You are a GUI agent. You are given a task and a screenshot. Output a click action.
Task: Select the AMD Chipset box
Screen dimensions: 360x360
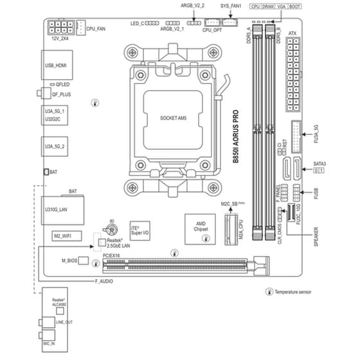click(196, 226)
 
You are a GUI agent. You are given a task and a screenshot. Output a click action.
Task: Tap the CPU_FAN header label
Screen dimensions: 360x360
click(96, 30)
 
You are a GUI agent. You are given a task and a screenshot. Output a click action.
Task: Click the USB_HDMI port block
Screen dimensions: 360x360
click(55, 66)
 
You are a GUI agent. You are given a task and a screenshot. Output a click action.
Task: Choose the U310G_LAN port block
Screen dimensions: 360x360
click(55, 209)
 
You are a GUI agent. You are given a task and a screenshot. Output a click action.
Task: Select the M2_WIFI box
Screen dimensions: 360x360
click(63, 236)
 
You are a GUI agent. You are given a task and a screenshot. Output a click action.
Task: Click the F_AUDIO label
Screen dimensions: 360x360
click(105, 282)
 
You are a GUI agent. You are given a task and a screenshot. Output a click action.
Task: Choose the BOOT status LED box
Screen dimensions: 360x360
click(295, 5)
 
